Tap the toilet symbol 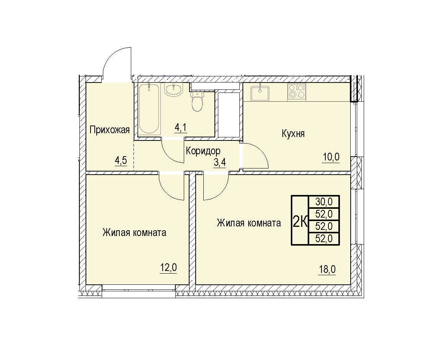tap(198, 101)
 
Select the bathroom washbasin tap(173, 90)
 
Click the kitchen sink tap(260, 93)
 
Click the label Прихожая tap(109, 130)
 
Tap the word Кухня tap(293, 134)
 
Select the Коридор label tap(203, 151)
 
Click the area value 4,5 tap(121, 160)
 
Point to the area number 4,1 tap(181, 127)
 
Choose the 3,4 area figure tap(220, 162)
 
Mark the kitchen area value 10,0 tap(331, 157)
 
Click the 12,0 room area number tap(168, 268)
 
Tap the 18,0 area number tap(327, 269)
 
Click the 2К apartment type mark tap(300, 221)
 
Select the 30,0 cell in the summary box tap(324, 201)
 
